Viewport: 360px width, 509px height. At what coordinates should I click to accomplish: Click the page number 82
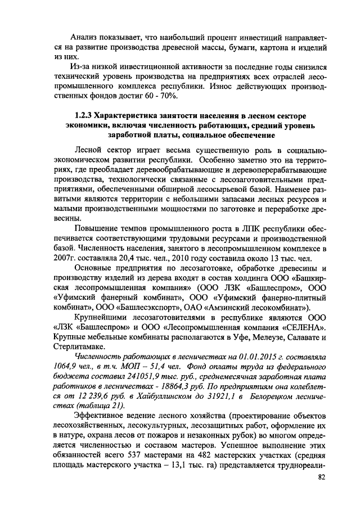tap(321, 477)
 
